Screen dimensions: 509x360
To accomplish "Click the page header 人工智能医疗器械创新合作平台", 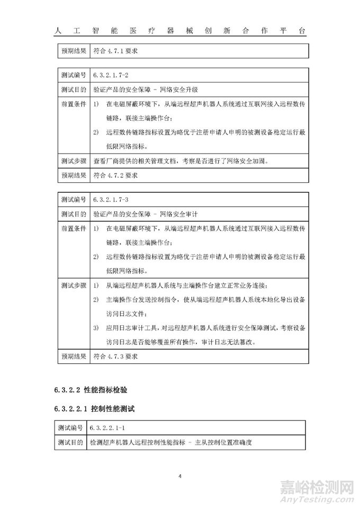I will pos(180,31).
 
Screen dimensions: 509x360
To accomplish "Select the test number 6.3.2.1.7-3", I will pos(111,200).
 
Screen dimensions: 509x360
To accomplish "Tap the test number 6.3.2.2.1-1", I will pos(111,427).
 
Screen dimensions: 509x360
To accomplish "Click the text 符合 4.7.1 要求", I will pos(115,51).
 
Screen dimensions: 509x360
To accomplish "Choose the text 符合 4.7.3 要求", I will pos(115,356).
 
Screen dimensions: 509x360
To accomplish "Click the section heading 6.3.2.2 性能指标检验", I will pos(91,390).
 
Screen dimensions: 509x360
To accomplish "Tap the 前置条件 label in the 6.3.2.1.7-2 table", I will pos(73,104).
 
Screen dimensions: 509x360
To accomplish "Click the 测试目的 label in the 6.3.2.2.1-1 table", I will pos(73,441).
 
